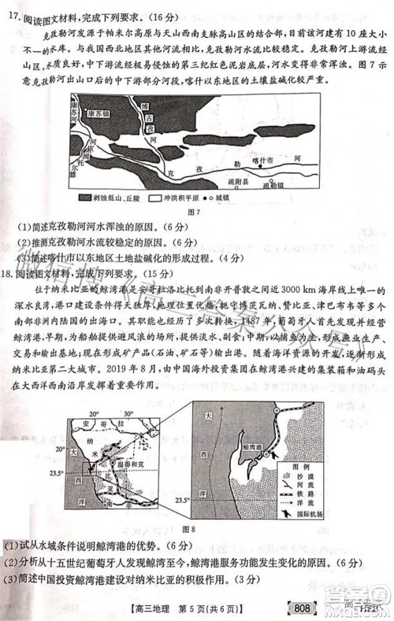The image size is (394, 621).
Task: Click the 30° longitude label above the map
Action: (128, 412)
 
